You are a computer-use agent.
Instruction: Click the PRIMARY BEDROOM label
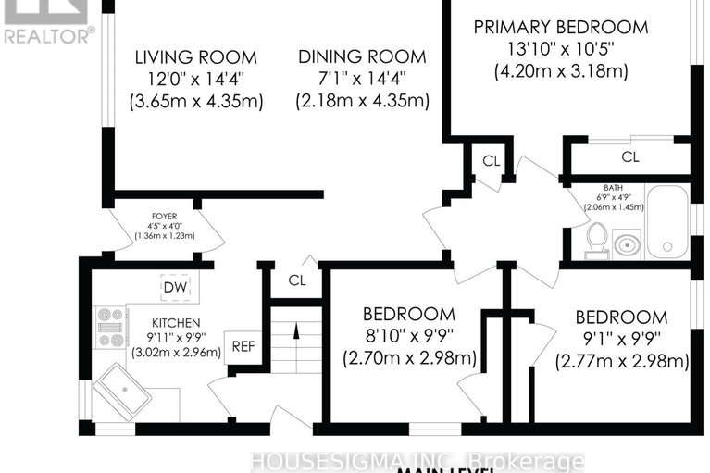point(561,27)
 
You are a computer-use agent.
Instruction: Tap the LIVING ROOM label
point(195,57)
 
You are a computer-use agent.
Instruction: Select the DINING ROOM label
point(362,57)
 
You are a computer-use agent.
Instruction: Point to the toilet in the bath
point(597,240)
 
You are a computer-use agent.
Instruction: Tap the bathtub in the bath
point(666,222)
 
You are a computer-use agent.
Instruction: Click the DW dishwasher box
point(175,288)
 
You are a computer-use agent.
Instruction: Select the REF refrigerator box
point(243,348)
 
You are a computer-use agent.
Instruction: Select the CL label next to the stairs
point(297,280)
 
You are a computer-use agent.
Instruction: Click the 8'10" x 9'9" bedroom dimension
point(408,335)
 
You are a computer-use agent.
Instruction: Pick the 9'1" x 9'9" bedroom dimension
point(621,339)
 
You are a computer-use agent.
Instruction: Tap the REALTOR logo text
point(48,36)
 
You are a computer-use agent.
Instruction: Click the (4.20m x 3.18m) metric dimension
point(561,71)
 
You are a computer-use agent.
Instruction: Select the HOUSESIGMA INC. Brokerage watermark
point(423,460)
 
